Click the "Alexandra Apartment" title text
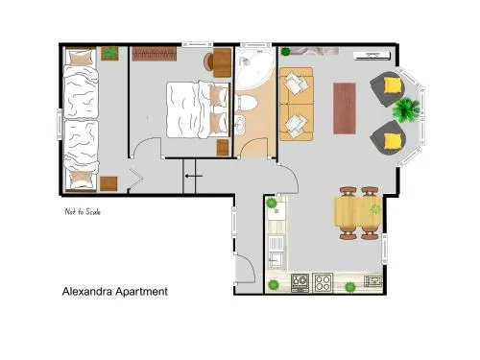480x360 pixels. coord(115,292)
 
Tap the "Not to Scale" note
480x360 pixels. coord(83,211)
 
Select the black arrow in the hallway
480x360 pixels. coord(194,176)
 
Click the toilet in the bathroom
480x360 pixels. coord(246,103)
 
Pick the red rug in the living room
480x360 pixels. coord(345,108)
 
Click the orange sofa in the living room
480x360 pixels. coord(297,104)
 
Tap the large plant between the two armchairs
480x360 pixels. coord(405,109)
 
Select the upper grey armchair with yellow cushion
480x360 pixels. coord(388,88)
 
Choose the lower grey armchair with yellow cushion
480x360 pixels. coord(388,138)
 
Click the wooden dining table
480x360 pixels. coord(358,211)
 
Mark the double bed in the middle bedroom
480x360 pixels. coord(199,109)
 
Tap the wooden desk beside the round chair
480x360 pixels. coord(222,62)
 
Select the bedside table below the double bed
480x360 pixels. coord(223,148)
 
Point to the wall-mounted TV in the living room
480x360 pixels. coord(372,56)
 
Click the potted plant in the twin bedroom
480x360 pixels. coord(109,53)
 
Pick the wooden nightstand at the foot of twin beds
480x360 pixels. coord(108,183)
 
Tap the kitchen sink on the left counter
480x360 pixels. coord(275,260)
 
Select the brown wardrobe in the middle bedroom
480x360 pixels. coord(155,54)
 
